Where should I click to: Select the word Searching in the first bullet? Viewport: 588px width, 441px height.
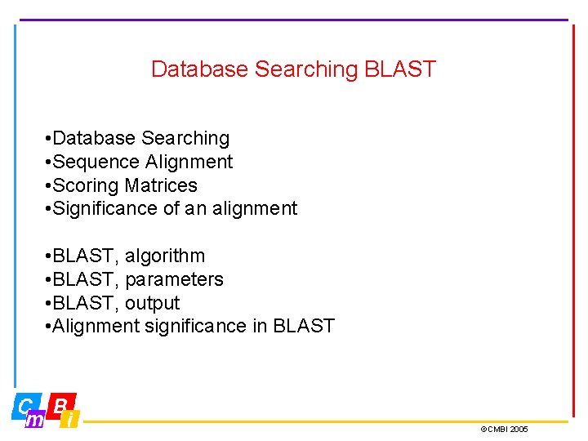click(185, 139)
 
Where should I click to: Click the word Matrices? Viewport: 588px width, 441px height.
click(161, 185)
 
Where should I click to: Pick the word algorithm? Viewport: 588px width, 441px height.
click(165, 256)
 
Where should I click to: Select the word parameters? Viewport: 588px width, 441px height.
click(174, 280)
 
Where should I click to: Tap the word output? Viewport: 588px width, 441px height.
click(152, 304)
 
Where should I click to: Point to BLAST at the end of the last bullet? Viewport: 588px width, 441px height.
click(304, 327)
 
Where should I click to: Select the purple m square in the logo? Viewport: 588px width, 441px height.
click(35, 420)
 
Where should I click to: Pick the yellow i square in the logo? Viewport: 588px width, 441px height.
click(71, 420)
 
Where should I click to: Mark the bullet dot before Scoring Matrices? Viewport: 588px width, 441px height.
click(50, 186)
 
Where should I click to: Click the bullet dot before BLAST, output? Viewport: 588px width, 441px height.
click(50, 304)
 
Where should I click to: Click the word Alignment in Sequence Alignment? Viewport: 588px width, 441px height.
click(189, 163)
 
